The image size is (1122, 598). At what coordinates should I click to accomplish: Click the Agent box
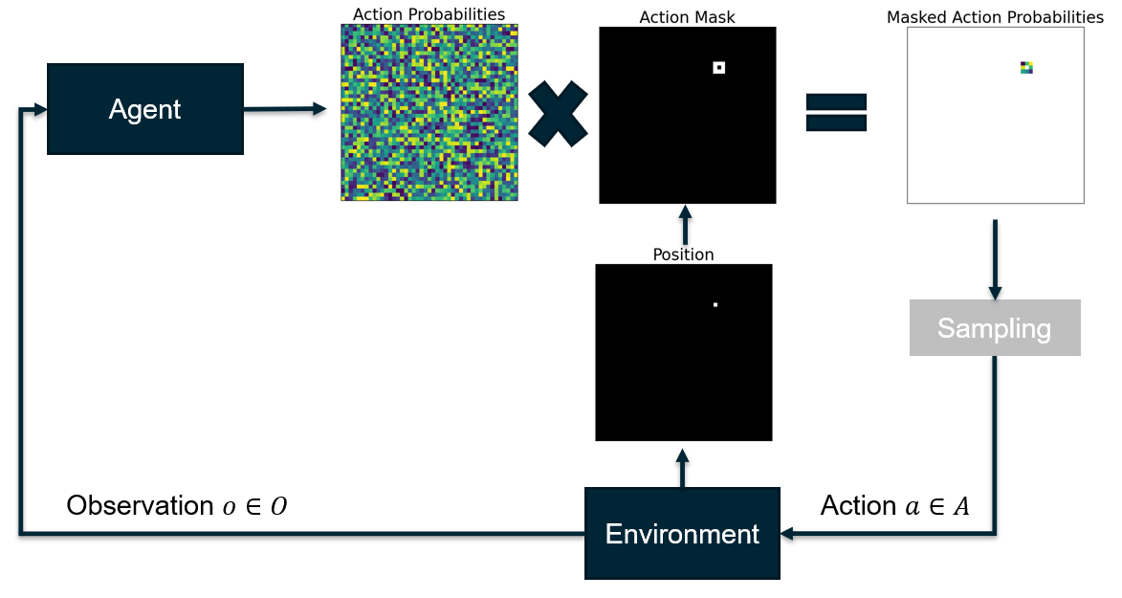pos(145,109)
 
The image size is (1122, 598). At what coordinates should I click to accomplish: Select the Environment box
pos(682,533)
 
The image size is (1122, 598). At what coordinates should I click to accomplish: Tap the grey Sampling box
pos(995,328)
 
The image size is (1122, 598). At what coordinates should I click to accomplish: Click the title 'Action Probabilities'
pos(429,14)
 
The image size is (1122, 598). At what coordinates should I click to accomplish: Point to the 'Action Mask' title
pos(687,17)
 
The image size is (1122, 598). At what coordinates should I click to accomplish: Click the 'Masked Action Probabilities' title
pos(995,17)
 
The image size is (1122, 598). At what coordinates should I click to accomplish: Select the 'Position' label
pos(683,255)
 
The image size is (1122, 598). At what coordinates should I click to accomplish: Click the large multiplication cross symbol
pos(558,114)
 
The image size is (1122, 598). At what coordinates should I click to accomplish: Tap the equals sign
pos(836,112)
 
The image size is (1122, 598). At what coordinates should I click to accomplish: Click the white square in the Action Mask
pos(719,67)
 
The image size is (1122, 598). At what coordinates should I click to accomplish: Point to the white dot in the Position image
pos(715,304)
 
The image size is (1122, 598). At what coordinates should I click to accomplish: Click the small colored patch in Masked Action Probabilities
pos(1026,68)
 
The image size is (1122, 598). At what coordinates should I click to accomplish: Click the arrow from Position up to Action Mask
pos(684,225)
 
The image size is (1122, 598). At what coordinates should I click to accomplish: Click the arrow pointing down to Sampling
pos(995,258)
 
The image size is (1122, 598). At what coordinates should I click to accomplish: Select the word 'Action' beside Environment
pos(858,506)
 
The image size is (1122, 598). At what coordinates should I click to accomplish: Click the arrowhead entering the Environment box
pos(788,533)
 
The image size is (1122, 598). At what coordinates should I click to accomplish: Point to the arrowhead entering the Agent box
pos(39,110)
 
